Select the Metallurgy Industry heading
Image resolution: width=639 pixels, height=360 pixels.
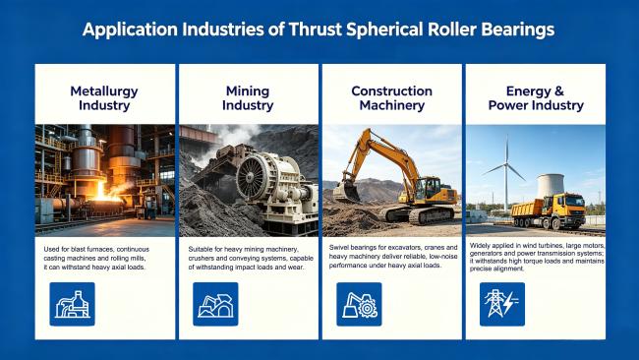(104, 97)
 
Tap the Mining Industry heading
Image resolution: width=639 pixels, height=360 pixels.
(248, 97)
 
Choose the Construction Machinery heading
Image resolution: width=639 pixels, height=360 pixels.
(392, 97)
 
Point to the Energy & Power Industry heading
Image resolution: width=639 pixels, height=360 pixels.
(536, 97)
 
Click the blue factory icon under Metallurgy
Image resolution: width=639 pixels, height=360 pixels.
(72, 304)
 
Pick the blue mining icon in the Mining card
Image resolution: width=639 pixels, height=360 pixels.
(215, 304)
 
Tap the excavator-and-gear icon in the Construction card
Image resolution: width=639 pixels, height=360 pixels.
(359, 304)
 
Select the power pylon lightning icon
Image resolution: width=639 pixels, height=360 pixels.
(502, 304)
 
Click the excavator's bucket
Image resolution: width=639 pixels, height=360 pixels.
(346, 191)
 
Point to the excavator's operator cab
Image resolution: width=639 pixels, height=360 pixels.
(428, 189)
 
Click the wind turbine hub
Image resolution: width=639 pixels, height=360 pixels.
(506, 164)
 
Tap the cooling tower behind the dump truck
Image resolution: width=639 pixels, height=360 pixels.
(551, 186)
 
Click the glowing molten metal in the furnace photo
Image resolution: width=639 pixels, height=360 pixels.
(102, 194)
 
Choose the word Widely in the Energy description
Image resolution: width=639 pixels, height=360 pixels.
(479, 246)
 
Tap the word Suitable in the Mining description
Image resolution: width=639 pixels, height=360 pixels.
(199, 249)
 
